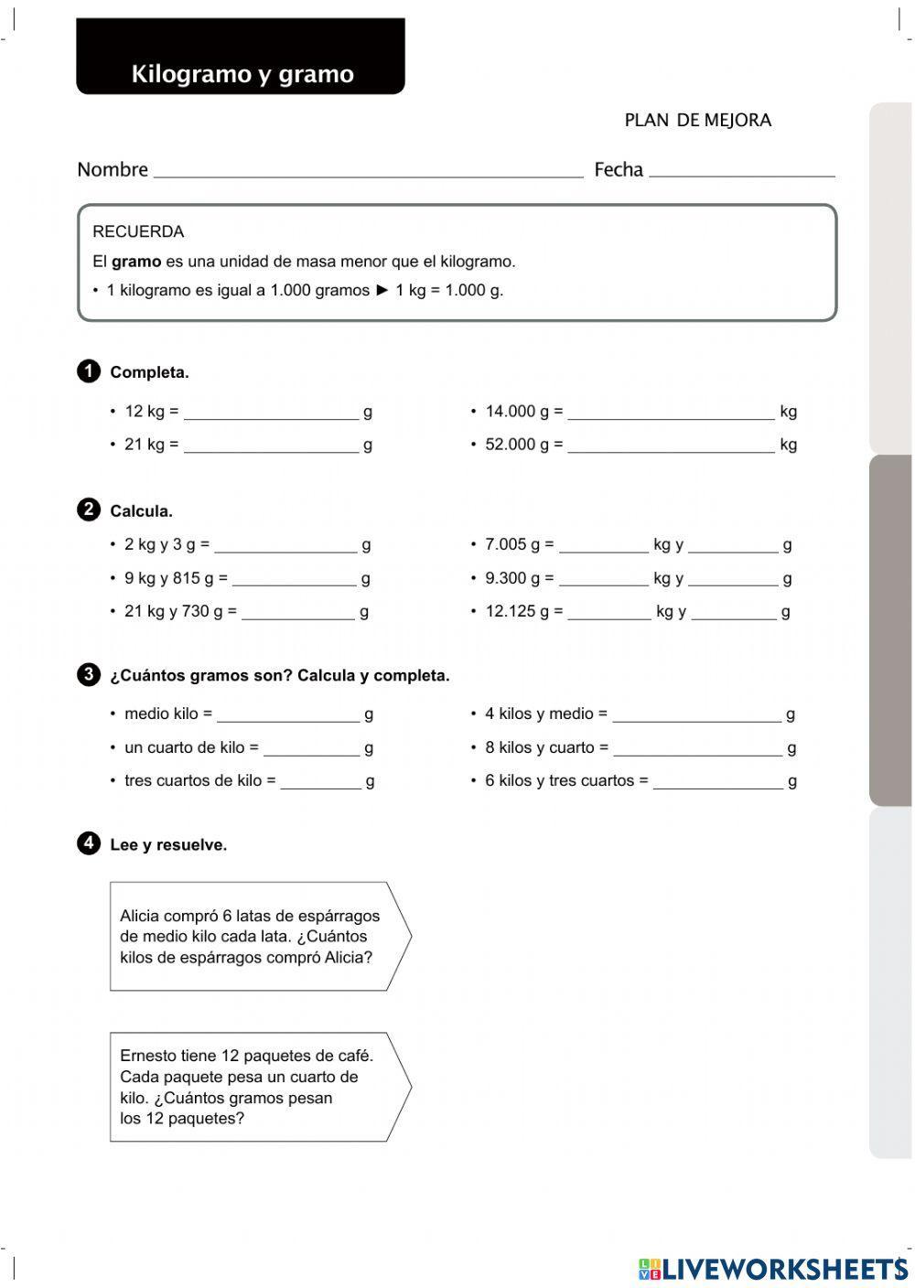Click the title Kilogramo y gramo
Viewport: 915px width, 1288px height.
coord(242,74)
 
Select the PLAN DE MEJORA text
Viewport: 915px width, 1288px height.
coord(697,120)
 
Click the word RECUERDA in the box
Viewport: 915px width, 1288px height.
coord(138,231)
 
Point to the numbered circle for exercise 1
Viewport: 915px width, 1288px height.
coord(89,371)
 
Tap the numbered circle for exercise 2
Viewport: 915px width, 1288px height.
coord(89,510)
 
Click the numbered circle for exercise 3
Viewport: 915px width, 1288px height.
coord(89,675)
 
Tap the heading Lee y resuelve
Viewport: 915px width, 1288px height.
coord(168,844)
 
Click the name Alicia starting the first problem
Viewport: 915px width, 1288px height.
coord(139,916)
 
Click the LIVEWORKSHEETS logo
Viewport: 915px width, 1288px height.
coord(773,1269)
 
